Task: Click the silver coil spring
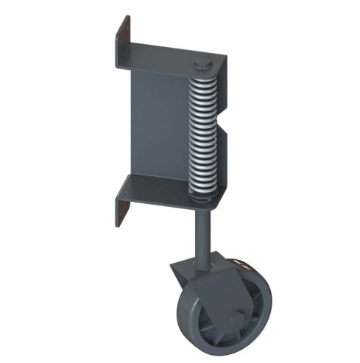(x=203, y=133)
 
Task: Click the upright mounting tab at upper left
(x=123, y=44)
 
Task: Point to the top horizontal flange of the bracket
(x=169, y=59)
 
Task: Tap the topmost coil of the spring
(x=203, y=79)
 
